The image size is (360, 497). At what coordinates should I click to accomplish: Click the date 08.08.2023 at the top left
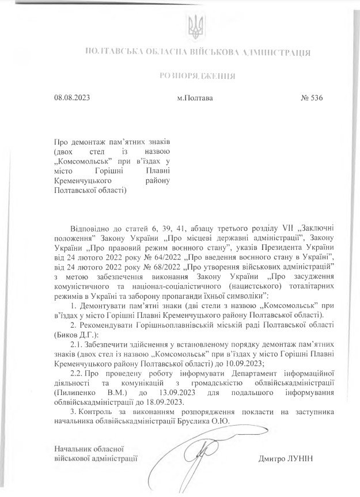(x=72, y=98)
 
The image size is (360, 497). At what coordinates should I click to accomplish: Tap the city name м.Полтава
(x=195, y=98)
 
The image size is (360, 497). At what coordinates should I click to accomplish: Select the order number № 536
(x=309, y=98)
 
